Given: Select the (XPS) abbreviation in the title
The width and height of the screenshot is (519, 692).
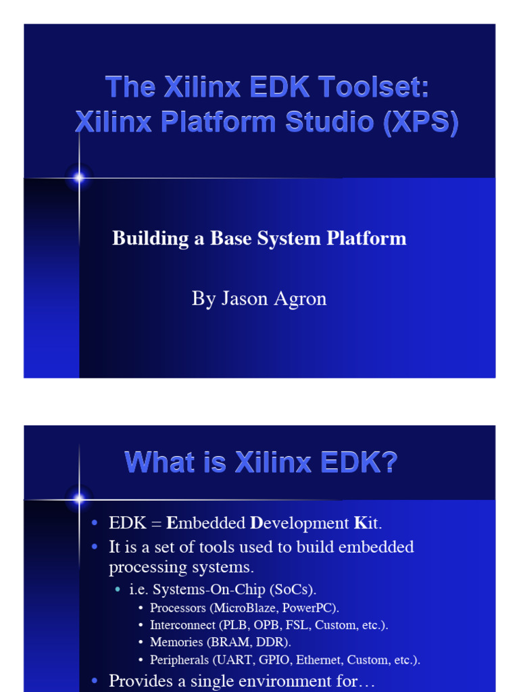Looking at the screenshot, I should (x=421, y=122).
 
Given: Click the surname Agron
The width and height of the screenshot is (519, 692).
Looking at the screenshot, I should (x=299, y=299).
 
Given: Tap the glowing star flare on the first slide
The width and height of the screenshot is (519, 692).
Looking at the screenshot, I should (x=79, y=178).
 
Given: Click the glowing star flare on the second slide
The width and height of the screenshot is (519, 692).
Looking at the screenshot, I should (x=79, y=500).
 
